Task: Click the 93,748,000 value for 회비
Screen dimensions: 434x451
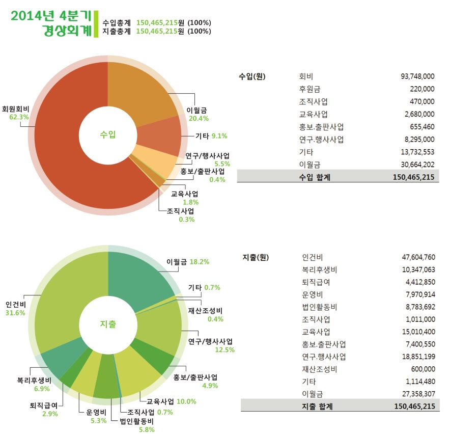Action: [417, 76]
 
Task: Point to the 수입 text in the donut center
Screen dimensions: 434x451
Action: [108, 134]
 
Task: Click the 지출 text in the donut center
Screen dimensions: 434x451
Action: [108, 324]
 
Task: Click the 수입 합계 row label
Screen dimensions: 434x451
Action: [315, 177]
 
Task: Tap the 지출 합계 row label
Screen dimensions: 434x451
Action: [316, 405]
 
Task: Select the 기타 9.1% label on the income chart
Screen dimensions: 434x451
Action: [211, 136]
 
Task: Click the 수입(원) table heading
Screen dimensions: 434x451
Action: [252, 76]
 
